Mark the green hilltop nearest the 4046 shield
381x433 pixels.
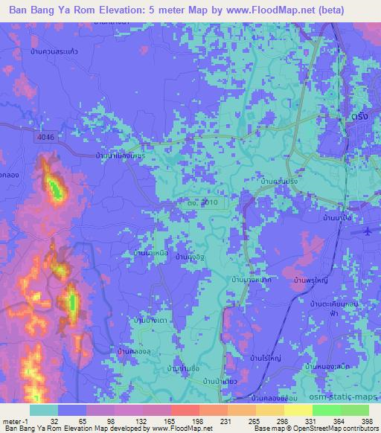[x=54, y=186]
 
